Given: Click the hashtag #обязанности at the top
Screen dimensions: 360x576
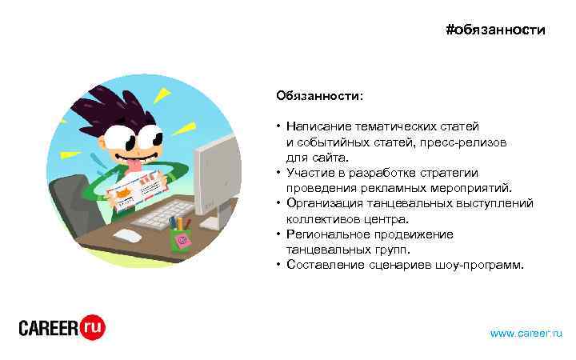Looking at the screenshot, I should click(495, 30).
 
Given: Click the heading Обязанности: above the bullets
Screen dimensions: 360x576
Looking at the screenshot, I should click(319, 96).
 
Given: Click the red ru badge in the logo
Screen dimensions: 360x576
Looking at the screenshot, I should click(94, 326).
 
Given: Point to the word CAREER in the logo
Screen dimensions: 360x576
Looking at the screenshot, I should click(49, 328).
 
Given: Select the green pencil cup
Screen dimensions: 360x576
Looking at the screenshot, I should click(182, 238).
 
